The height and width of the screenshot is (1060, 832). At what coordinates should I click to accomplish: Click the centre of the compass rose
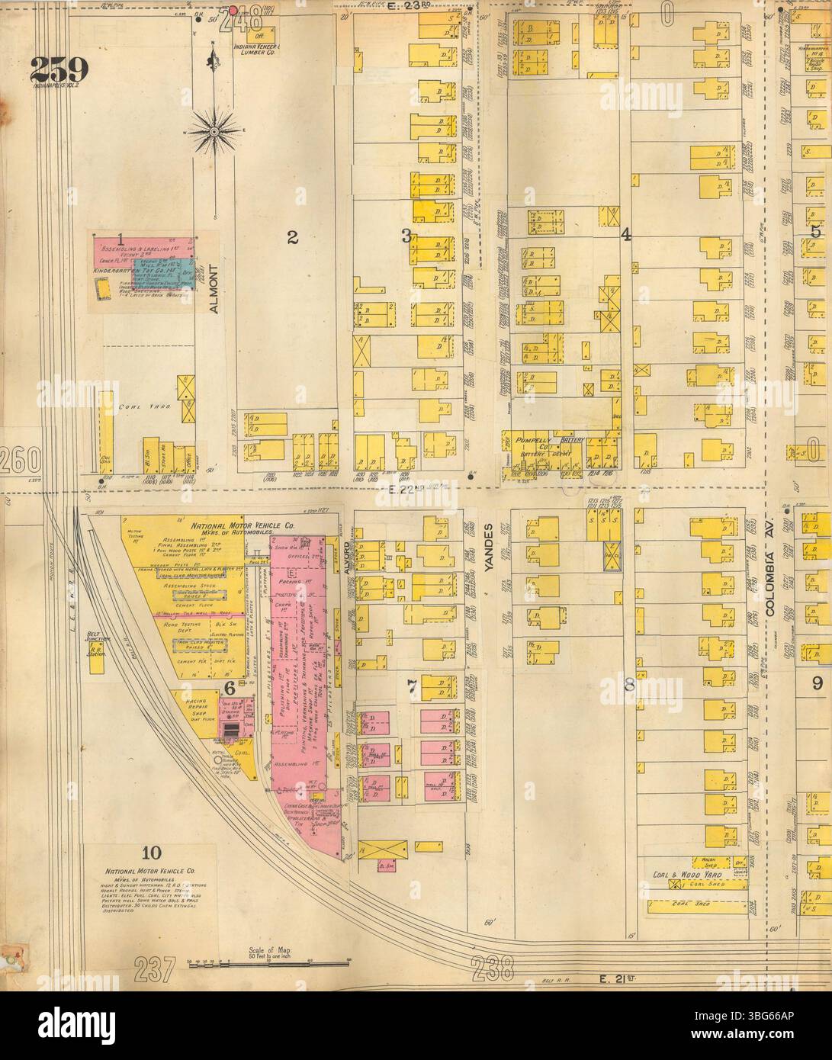pyautogui.click(x=214, y=131)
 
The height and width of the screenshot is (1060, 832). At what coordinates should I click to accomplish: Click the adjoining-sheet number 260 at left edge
pyautogui.click(x=21, y=460)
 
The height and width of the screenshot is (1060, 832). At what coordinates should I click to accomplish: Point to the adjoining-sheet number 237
pyautogui.click(x=161, y=969)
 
